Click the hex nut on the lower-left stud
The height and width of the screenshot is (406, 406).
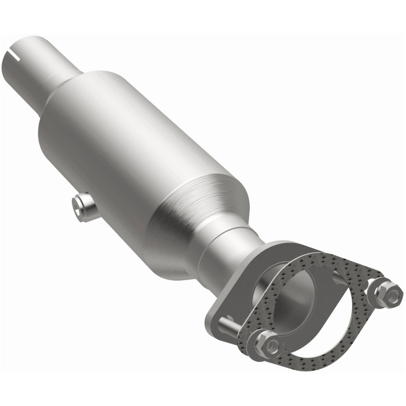(x=267, y=345)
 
